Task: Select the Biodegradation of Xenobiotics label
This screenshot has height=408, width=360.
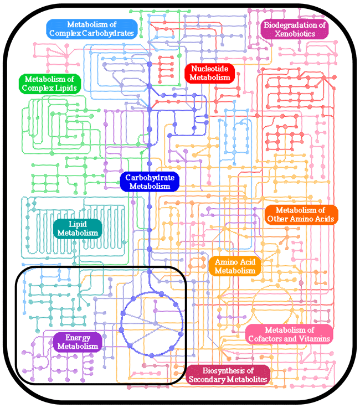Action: (295, 29)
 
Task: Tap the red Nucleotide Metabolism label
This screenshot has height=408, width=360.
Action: (210, 73)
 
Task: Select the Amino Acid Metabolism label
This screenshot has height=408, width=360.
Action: (235, 266)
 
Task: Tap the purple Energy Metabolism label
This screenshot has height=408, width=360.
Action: (78, 342)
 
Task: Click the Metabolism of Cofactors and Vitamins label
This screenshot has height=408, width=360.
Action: (289, 334)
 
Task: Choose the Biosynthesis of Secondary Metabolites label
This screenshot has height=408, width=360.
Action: (228, 375)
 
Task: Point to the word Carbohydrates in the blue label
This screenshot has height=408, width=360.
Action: (109, 33)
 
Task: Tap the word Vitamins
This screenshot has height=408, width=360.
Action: (315, 338)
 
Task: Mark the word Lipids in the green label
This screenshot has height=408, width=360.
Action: (65, 87)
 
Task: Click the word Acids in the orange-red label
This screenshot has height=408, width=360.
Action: (325, 219)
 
